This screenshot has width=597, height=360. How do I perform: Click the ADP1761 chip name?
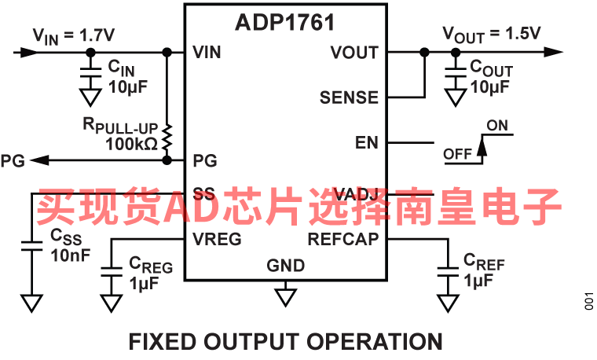285,22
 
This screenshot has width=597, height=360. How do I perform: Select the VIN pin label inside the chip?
207,53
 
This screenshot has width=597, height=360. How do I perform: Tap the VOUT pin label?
354,53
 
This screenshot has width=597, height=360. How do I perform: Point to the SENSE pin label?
349,98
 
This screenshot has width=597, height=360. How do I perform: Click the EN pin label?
367,142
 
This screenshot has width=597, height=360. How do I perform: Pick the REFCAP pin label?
343,239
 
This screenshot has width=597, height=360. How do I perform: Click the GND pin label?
286,266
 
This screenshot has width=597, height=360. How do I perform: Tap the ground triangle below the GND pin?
286,296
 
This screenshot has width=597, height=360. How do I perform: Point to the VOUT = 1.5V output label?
491,35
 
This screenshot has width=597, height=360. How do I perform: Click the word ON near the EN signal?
497,126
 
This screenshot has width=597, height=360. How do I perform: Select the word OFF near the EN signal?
458,154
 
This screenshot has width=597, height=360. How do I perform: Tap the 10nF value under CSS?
70,255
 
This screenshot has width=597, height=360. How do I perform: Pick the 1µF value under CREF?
478,280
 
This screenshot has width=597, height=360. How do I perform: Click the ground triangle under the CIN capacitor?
91,97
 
